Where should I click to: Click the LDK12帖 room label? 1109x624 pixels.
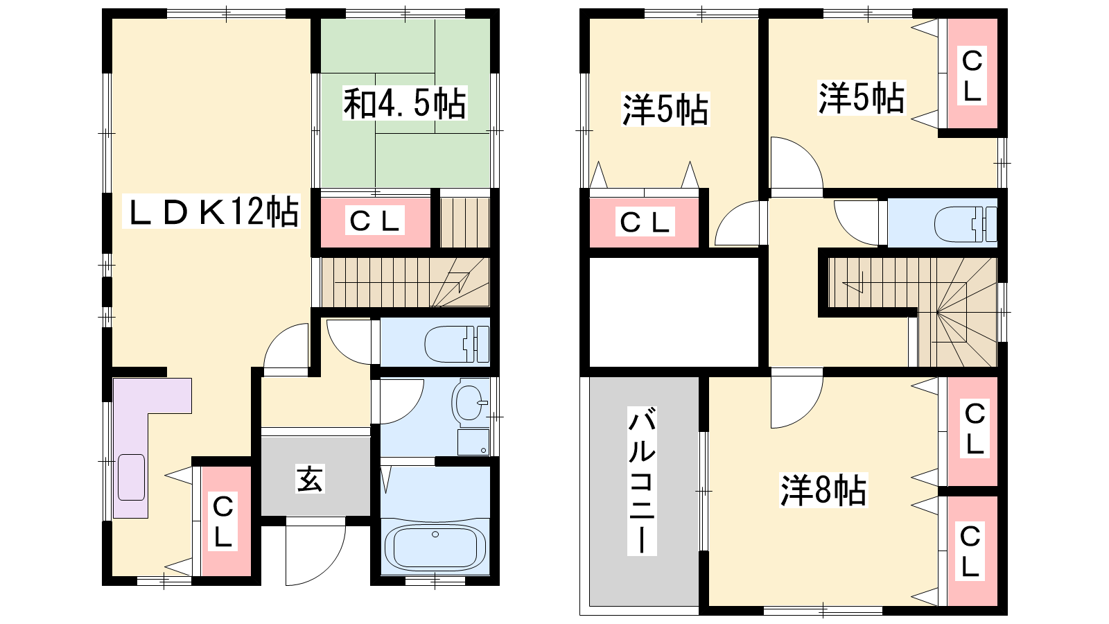click(x=211, y=211)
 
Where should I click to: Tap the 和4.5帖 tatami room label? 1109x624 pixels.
click(x=405, y=103)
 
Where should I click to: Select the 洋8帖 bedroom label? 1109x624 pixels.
click(x=824, y=490)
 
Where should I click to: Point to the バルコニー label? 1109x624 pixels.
click(x=642, y=480)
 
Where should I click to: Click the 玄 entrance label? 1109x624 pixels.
click(x=310, y=479)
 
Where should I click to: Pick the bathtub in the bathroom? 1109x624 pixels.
click(x=435, y=547)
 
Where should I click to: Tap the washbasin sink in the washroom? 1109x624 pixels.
click(x=468, y=402)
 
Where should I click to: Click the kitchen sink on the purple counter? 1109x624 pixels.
click(x=131, y=477)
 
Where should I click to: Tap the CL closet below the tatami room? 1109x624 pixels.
click(x=375, y=221)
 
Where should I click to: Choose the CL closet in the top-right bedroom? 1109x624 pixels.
click(x=972, y=75)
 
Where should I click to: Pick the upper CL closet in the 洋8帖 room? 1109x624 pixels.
click(x=974, y=430)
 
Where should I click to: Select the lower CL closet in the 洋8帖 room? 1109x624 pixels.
click(x=970, y=551)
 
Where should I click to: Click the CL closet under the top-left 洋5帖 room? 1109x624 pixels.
click(x=644, y=222)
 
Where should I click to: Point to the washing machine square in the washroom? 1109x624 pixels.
click(x=473, y=442)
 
